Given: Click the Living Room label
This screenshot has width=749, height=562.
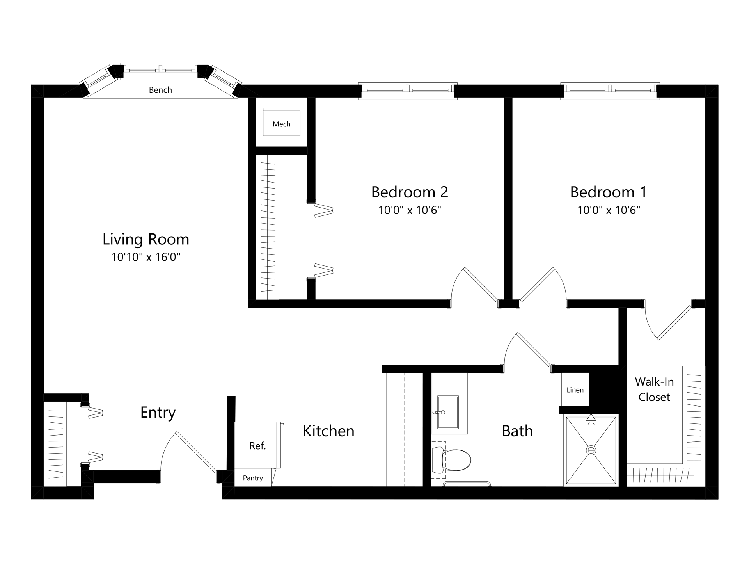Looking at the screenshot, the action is tap(146, 239).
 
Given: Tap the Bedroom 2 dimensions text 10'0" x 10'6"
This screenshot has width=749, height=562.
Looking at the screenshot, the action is tap(410, 210).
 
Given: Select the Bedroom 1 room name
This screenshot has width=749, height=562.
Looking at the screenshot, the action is tap(609, 192).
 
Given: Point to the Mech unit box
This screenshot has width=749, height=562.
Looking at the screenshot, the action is tap(282, 122).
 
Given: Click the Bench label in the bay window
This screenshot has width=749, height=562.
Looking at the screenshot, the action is tap(160, 90).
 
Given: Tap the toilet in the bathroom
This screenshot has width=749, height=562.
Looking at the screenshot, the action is tap(451, 459).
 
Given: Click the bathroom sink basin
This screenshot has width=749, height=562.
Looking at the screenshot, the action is tap(448, 412).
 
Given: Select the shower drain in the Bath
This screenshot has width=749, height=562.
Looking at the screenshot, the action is tap(591, 450).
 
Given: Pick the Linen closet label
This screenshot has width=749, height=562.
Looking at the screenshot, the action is tap(575, 390).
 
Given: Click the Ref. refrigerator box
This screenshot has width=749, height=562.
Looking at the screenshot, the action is tap(257, 445).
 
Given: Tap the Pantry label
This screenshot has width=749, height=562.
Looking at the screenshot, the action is tap(253, 478).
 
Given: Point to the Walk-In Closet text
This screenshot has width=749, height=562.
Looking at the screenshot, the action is tap(654, 389).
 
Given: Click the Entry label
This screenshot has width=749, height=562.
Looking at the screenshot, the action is tap(158, 413).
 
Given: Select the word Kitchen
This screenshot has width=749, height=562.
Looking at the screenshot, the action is tap(328, 431).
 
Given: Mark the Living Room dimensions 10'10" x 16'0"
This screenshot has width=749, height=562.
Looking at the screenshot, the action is tap(146, 257).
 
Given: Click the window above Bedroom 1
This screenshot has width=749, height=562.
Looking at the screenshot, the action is tap(610, 91).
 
